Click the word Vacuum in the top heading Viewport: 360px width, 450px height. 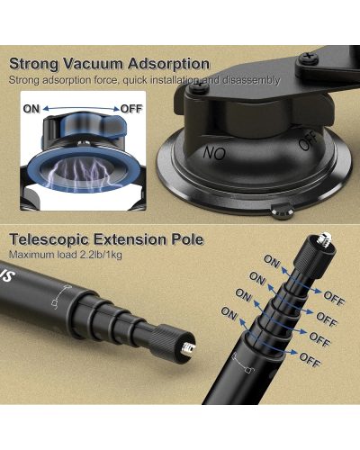[94, 64]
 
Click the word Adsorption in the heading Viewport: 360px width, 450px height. [169, 65]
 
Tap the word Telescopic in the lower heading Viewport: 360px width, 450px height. [49, 239]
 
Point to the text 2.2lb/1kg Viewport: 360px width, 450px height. [101, 255]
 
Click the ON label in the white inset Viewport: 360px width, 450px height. [31, 109]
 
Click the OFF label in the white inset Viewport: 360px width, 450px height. [131, 109]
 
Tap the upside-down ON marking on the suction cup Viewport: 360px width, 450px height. [214, 153]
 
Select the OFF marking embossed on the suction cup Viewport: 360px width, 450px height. [309, 140]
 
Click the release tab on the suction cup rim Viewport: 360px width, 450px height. [283, 211]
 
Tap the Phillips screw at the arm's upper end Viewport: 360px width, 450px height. [308, 58]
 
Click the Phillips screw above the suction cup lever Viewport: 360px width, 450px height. [198, 87]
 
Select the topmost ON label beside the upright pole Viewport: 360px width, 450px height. [272, 262]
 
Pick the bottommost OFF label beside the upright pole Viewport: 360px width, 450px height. [310, 360]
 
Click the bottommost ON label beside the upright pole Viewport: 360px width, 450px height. [229, 313]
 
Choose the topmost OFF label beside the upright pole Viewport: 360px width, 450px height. [334, 298]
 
